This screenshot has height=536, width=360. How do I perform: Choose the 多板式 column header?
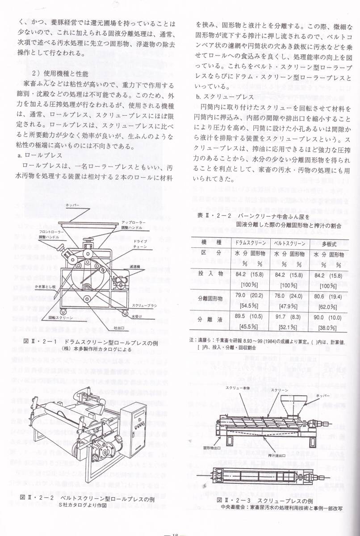click(329, 243)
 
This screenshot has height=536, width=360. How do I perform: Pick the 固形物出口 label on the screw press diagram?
click(212, 446)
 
